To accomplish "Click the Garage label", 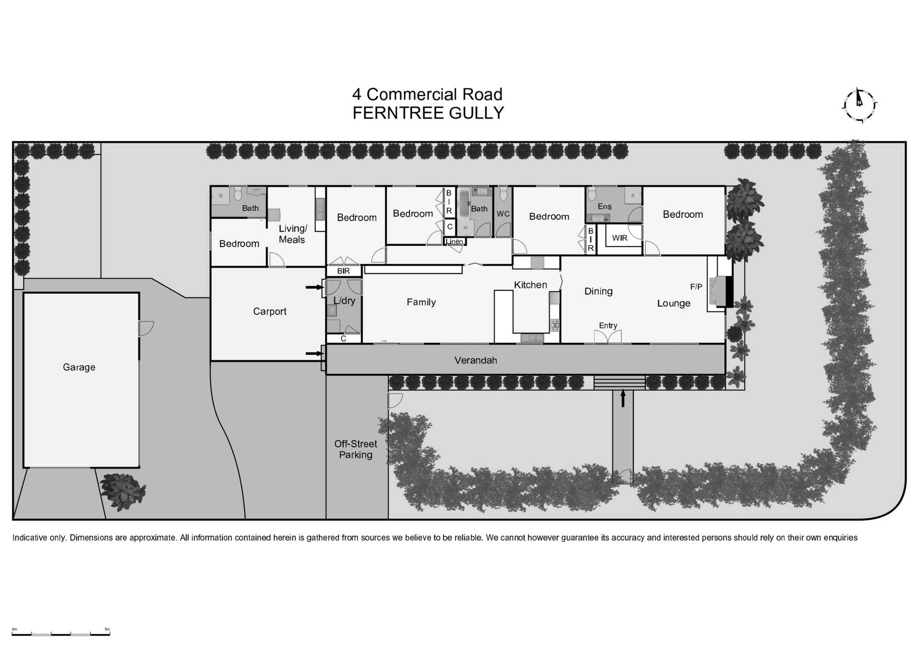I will coord(79,367).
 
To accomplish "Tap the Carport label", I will coord(269,311).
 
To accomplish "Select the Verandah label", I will coord(475,360).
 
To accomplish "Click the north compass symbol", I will coord(859,104).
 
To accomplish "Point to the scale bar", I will coord(61,633).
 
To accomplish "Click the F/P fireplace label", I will coord(696,287).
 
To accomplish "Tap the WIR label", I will coord(619,238).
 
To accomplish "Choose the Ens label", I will coord(605,206).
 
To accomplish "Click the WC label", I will coord(503,214).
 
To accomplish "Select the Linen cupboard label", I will coord(455,241).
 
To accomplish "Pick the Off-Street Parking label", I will coord(356,449).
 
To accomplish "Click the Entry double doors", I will coord(608,336).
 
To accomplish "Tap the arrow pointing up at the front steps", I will coord(623,398).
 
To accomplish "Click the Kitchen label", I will coord(530,285).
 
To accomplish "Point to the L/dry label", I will coord(344,301).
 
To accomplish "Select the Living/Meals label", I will coord(292,234).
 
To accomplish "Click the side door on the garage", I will coord(145,328).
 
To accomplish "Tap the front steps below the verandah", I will coord(619,382).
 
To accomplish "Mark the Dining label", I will coord(598,291).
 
